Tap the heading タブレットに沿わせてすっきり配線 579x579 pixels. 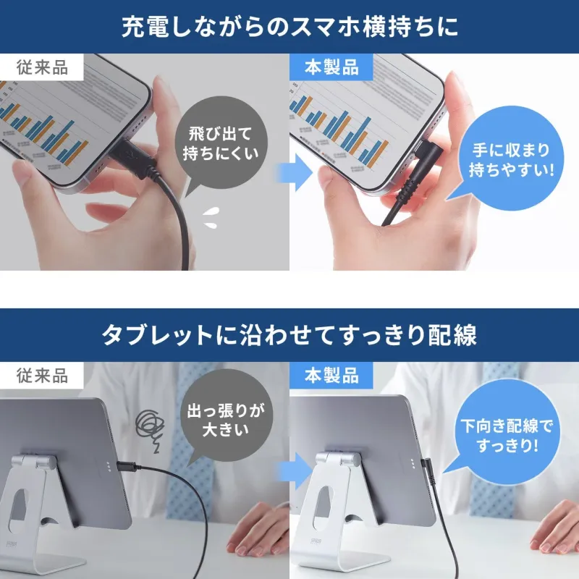point(289,335)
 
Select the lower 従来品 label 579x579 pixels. point(42,376)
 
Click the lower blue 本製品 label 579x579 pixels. point(331,376)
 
